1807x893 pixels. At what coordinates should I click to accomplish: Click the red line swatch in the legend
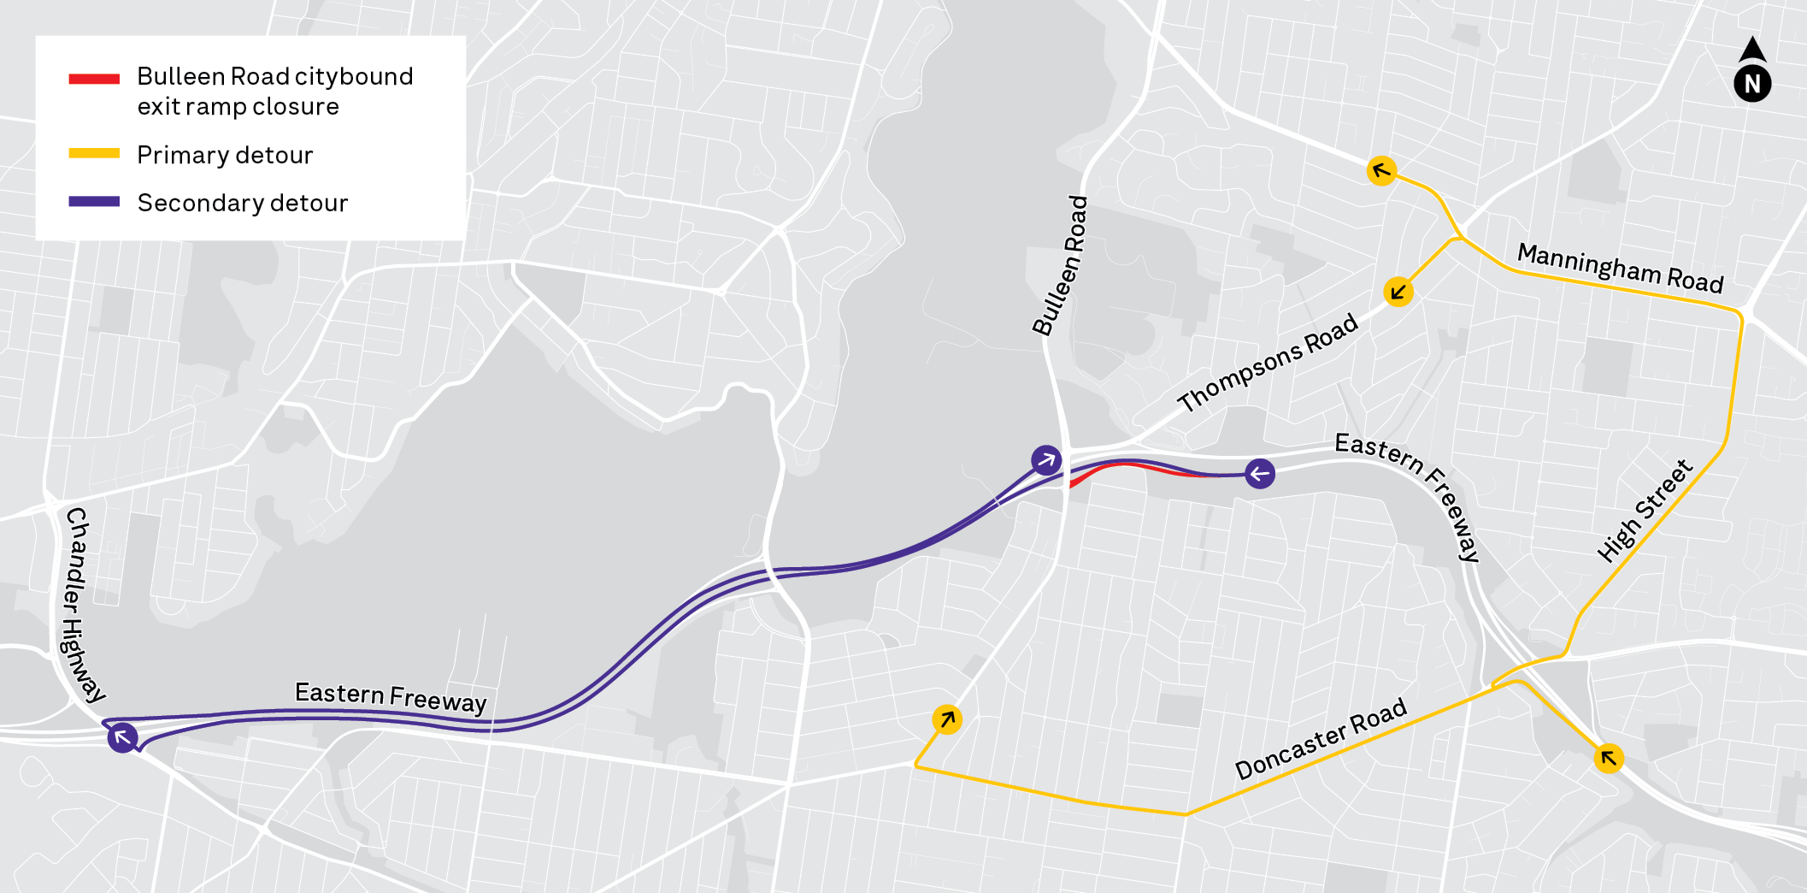(x=94, y=79)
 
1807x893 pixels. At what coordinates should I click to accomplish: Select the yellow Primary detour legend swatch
(x=94, y=154)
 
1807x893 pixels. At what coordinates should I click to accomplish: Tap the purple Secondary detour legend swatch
(x=94, y=202)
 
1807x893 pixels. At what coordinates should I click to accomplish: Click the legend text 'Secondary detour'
(x=243, y=203)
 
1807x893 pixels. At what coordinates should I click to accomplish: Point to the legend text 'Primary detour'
(x=225, y=155)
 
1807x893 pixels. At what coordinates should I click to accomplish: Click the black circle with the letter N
(x=1752, y=84)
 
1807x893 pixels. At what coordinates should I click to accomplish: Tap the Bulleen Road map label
(x=1061, y=265)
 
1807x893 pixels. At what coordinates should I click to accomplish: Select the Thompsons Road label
(x=1268, y=362)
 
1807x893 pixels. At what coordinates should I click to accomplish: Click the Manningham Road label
(x=1620, y=268)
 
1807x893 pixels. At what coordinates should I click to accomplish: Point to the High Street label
(x=1645, y=511)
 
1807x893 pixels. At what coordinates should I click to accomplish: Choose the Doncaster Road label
(x=1321, y=738)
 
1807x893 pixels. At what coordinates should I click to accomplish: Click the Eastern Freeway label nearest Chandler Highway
(x=391, y=697)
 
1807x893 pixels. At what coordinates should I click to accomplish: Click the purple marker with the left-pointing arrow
(x=1259, y=473)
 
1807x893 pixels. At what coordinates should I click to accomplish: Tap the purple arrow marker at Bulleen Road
(x=1046, y=460)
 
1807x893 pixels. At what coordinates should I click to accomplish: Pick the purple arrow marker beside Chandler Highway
(x=123, y=736)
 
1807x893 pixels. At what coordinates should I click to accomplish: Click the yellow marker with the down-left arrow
(x=1398, y=293)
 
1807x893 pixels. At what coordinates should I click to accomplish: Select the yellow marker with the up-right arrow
(x=947, y=719)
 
